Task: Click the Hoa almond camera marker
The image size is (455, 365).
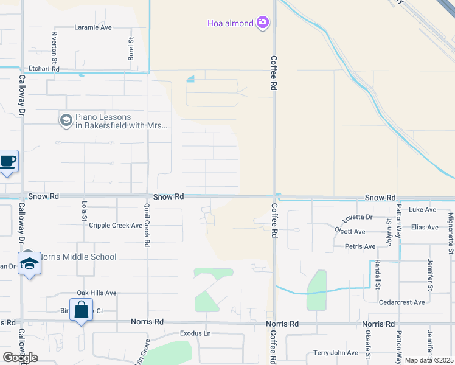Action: coord(263,23)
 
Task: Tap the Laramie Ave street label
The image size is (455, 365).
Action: coord(93,27)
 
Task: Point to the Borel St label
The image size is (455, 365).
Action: coord(131,49)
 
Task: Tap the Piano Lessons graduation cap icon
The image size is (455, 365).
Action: coord(66,120)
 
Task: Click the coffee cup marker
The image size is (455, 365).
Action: coord(8,161)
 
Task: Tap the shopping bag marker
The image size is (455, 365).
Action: coord(82,310)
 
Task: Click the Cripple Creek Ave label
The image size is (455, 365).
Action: coord(116,225)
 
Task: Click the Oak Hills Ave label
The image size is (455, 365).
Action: coord(96,293)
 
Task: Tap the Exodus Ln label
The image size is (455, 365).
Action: coord(195,333)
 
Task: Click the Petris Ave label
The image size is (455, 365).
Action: coord(360,246)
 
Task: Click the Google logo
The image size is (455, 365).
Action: coord(20,358)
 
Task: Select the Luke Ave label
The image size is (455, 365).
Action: coord(423,210)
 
